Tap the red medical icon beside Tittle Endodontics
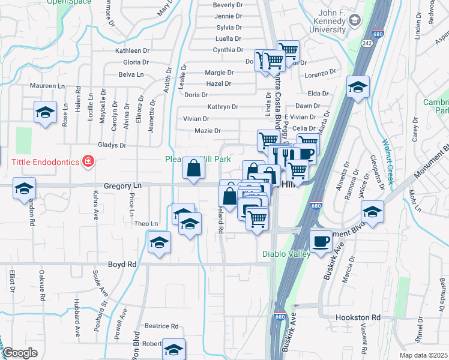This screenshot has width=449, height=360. point(88,161)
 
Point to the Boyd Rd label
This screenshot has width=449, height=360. point(122,263)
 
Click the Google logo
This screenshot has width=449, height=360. point(20,352)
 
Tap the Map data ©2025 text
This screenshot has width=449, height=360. point(424,355)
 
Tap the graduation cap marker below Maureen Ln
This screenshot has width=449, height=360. point(44,113)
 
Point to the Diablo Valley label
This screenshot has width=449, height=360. point(286,254)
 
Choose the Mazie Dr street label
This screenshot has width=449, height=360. point(208,131)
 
